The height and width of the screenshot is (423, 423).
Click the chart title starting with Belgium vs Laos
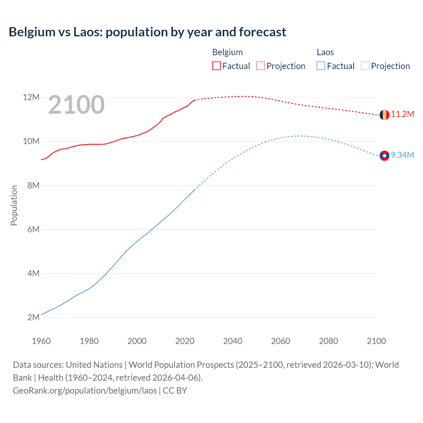[147, 32]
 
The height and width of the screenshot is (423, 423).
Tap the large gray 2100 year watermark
[76, 105]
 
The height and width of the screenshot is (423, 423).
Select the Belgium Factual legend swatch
[216, 66]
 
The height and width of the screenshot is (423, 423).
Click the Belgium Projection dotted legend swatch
[260, 66]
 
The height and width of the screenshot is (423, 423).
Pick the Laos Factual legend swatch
[321, 66]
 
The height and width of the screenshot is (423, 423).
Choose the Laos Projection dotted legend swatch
[365, 66]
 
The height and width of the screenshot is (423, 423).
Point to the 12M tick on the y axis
[31, 97]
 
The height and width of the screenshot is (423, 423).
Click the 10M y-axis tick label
[31, 141]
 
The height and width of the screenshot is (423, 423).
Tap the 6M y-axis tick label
[33, 229]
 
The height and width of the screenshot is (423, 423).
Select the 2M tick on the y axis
[33, 318]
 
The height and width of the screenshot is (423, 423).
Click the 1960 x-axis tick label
[41, 341]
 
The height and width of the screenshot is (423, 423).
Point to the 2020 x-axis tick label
[185, 341]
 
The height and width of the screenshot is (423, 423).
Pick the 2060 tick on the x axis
[281, 341]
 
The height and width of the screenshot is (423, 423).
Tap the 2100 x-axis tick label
[376, 341]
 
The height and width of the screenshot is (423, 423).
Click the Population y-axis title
[14, 205]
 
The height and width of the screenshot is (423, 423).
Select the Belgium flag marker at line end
[384, 115]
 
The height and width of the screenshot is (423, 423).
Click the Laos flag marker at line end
[384, 155]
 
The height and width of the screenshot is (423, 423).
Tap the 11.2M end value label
[403, 114]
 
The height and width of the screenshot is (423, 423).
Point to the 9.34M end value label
[403, 155]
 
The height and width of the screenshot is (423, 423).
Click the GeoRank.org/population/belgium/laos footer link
[85, 391]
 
